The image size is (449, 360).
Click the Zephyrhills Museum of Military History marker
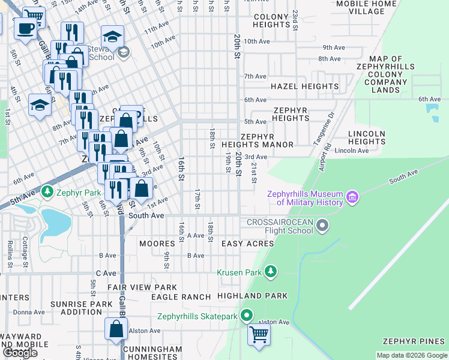point(352,197)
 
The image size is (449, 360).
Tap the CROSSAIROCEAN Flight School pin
point(323,226)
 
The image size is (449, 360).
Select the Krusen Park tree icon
point(271,272)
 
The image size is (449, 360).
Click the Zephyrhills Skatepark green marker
point(247,316)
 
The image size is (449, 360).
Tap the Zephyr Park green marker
point(47,193)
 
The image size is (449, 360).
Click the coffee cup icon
point(25,28)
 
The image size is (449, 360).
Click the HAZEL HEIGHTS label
point(304,86)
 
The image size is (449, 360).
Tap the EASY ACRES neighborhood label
point(247,244)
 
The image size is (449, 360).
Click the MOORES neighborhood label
point(157,244)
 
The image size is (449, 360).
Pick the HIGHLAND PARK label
point(252,296)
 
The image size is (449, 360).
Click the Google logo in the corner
point(20,353)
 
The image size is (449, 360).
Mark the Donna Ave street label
point(29,312)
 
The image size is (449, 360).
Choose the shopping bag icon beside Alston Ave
point(116,329)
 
